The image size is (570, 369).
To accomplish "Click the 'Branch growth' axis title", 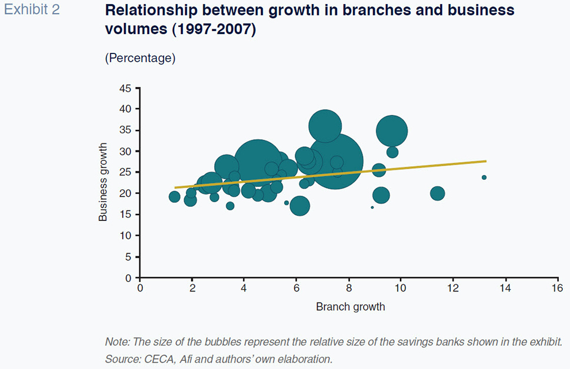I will pos(350,307).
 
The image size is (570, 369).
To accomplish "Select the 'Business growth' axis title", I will pos(104,182).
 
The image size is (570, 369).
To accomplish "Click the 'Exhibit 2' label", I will pos(32,10).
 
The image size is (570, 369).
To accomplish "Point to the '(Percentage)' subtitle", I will pos(140,58).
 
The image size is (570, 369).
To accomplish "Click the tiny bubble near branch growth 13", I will pos(484,177).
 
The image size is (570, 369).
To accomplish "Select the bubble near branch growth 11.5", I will pos(437,193).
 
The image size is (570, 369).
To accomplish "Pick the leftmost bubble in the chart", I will pos(174,197).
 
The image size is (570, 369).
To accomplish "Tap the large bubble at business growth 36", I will pos(325,126).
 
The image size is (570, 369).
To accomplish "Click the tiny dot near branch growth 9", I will pos(372,207).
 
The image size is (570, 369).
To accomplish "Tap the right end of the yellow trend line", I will pos(486,161).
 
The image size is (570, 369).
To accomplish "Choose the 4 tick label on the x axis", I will pos(244,289).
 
